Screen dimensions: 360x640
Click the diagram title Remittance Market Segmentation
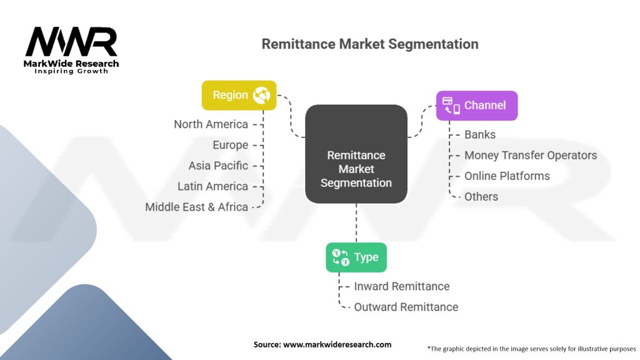(x=369, y=44)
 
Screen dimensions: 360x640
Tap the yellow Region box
(x=239, y=95)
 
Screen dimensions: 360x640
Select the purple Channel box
(x=476, y=106)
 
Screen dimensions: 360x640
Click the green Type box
(x=356, y=257)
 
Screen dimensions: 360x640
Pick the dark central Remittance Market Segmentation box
(x=356, y=154)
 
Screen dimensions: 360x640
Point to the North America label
(x=211, y=124)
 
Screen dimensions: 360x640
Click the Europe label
(x=230, y=145)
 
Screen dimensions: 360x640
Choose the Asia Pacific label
(x=218, y=166)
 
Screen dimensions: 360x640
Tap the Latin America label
(x=212, y=186)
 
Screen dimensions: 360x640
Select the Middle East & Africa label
(x=196, y=207)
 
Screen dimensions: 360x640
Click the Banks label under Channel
(x=480, y=134)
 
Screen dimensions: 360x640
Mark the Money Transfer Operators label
(x=531, y=155)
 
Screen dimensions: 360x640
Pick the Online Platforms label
(x=507, y=176)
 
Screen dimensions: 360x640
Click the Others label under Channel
(x=481, y=196)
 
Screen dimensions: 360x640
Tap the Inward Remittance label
(x=402, y=286)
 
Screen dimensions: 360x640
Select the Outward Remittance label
(x=406, y=307)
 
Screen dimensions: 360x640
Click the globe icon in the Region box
(x=261, y=95)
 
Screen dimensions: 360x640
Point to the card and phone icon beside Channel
(x=451, y=105)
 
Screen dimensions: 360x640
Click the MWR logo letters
(x=71, y=42)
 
